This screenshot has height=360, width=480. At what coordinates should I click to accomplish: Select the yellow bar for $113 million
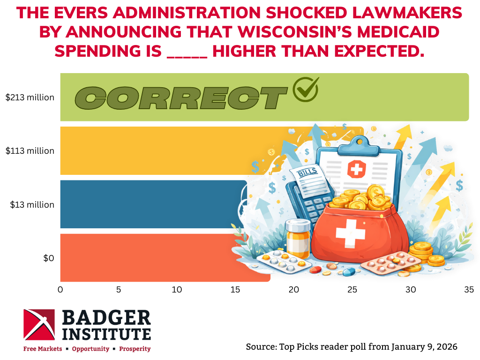[x=164, y=150]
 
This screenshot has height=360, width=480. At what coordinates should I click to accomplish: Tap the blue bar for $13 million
[x=150, y=204]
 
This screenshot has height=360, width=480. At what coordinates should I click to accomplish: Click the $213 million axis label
[x=30, y=97]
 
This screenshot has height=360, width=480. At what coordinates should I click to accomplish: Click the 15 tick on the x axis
[x=235, y=290]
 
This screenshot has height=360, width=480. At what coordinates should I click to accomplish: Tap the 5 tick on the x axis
[x=119, y=290]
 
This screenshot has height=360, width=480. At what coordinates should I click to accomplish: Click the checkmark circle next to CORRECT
[x=305, y=89]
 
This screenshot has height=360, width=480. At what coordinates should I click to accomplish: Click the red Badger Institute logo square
[x=39, y=324]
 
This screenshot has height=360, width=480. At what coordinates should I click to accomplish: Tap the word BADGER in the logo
[x=107, y=318]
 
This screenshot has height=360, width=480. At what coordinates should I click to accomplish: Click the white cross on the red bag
[x=350, y=233]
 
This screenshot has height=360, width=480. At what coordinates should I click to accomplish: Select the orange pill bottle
[x=298, y=237]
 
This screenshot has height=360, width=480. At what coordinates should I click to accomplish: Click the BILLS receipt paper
[x=308, y=180]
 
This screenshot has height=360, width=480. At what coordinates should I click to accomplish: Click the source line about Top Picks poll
[x=351, y=347]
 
